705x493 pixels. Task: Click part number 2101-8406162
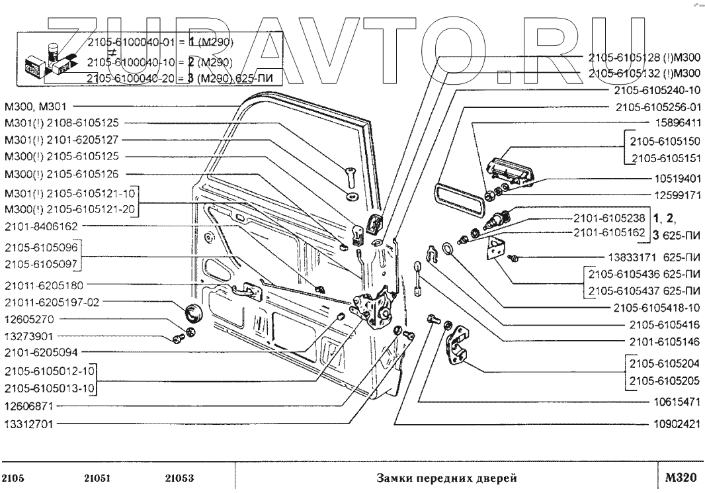(41, 226)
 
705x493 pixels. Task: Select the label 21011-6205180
(44, 286)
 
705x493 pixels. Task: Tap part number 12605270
(28, 320)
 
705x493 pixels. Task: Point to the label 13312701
(28, 423)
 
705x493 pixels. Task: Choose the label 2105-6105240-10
(656, 90)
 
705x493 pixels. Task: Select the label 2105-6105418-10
(656, 308)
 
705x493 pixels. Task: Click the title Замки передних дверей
(446, 478)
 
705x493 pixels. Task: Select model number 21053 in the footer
(179, 478)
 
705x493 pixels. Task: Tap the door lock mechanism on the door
(374, 308)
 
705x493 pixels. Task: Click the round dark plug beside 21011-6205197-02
(192, 311)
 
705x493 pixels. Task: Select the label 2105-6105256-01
(656, 107)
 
